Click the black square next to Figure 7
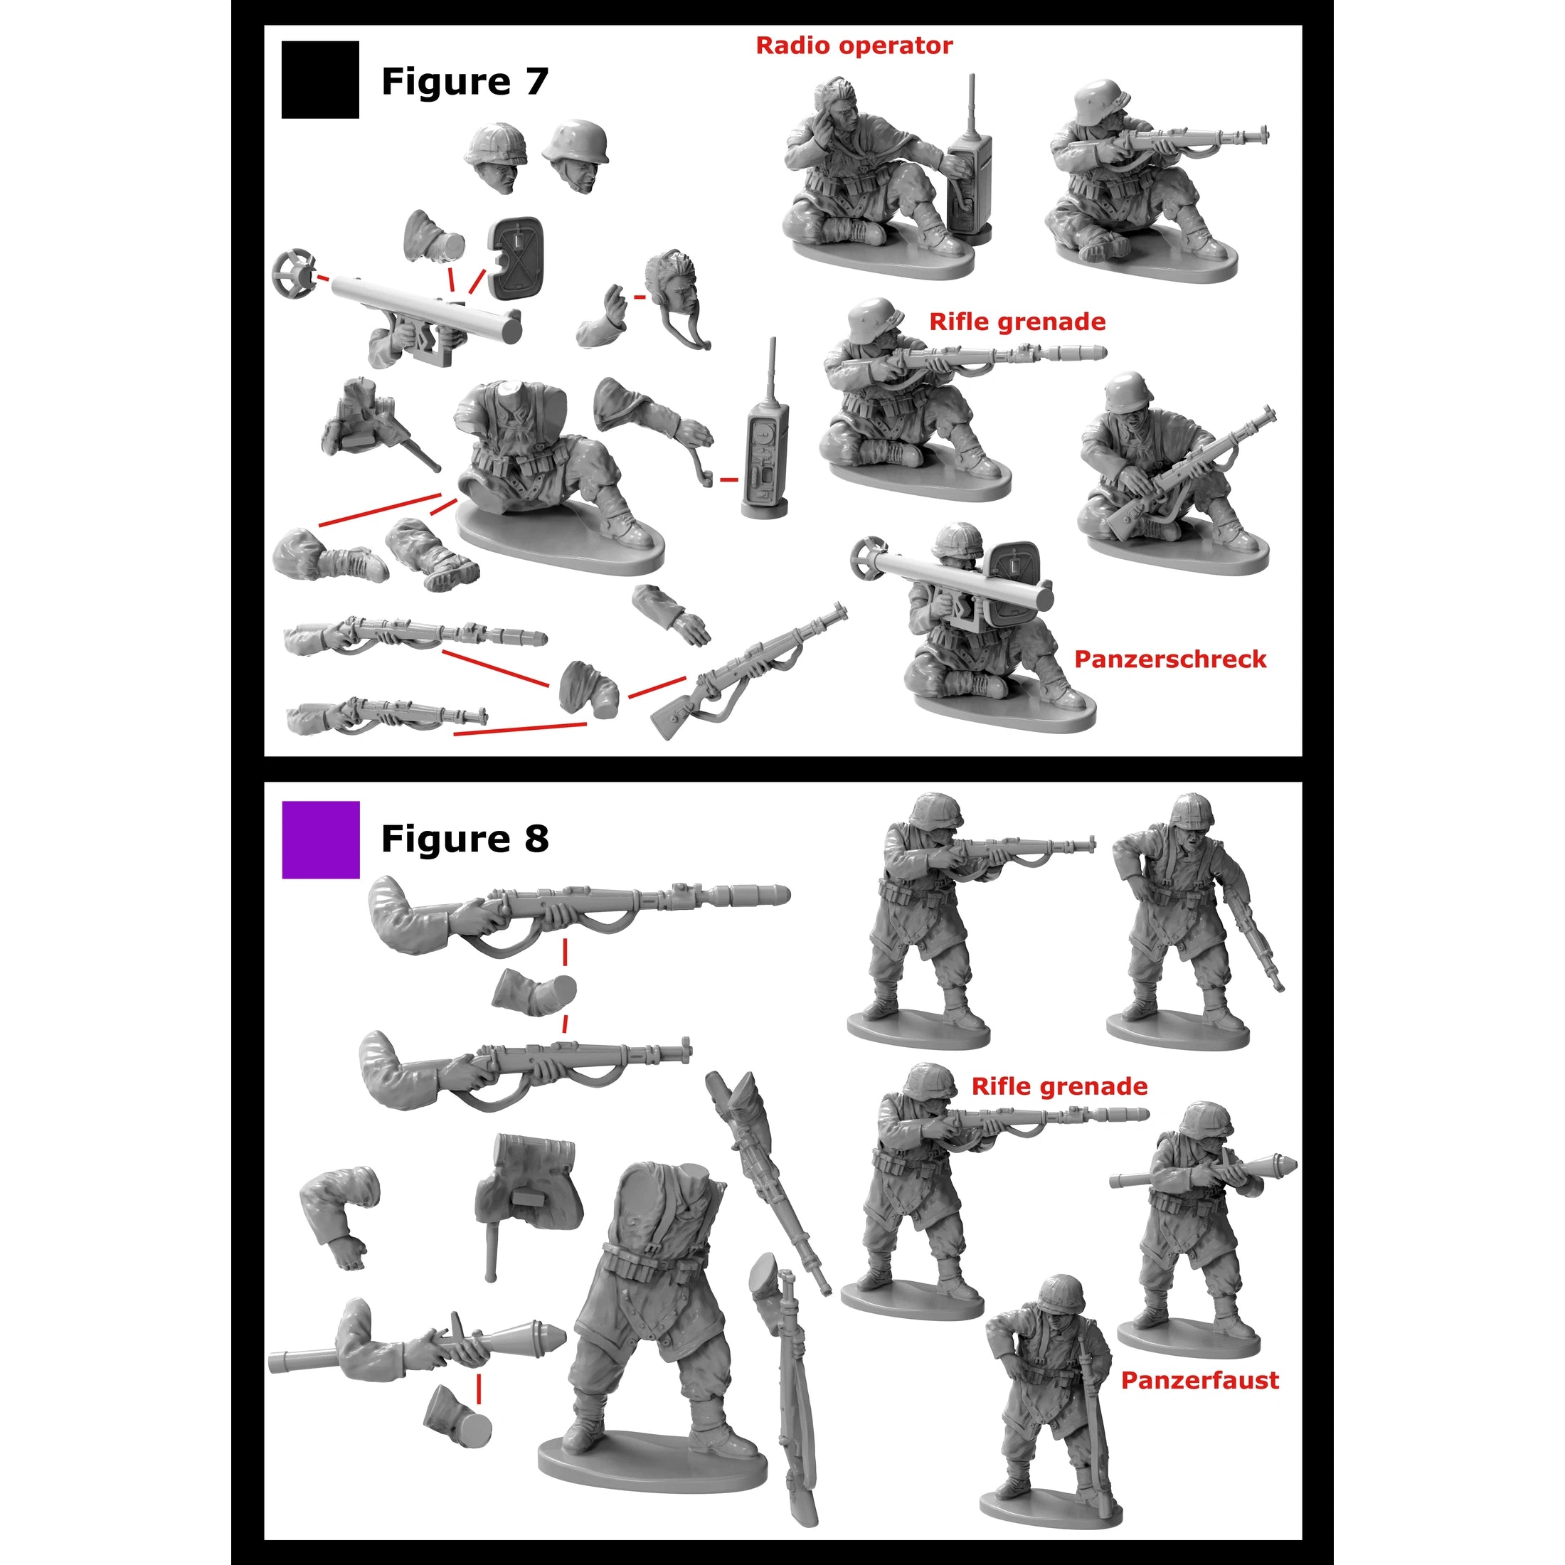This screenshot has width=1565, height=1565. click(x=320, y=80)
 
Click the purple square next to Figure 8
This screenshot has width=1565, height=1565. click(x=320, y=839)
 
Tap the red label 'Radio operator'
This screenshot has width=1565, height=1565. click(x=854, y=46)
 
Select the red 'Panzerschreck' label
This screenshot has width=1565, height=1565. click(x=1169, y=659)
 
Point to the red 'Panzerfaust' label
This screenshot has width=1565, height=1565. click(x=1199, y=1380)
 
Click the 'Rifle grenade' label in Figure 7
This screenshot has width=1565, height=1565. click(x=1017, y=322)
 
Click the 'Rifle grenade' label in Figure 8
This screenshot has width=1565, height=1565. click(x=1059, y=1086)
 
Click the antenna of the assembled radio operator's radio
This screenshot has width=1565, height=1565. click(x=971, y=101)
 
